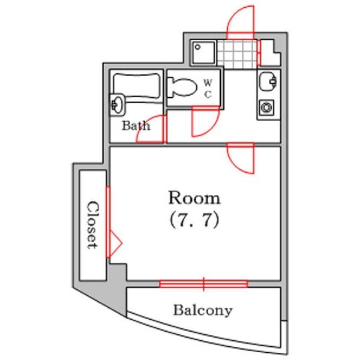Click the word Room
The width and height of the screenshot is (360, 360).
point(194,198)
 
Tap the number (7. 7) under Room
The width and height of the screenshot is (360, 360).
point(194,220)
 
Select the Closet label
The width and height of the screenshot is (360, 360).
point(93,225)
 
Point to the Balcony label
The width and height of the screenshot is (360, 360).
point(203,311)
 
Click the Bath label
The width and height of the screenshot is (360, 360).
point(136,126)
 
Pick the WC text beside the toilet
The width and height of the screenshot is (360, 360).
point(208,88)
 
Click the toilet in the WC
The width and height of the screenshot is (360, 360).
point(182,88)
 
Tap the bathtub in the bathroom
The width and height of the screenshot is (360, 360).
point(137,86)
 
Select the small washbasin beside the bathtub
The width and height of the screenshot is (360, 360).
point(118,104)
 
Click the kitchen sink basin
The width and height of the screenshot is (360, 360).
point(268,81)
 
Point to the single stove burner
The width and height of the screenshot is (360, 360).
point(267,107)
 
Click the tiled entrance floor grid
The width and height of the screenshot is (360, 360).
point(237,54)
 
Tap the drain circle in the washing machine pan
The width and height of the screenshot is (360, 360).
point(197,47)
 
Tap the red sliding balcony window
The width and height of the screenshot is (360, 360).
point(203,284)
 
